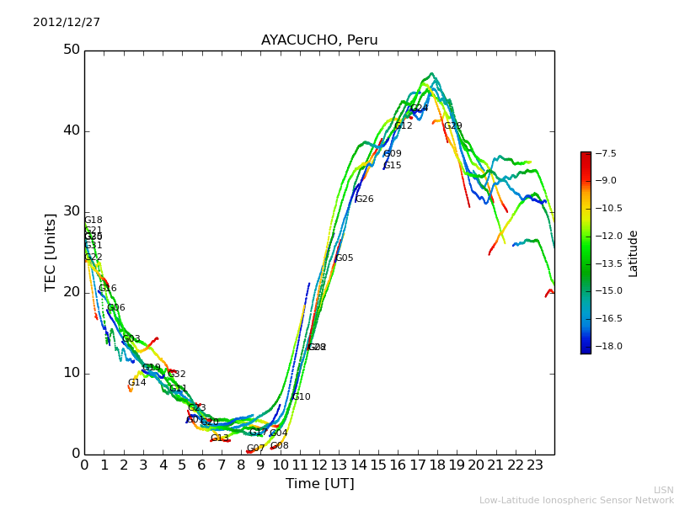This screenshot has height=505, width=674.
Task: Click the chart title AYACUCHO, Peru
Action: [x=319, y=40]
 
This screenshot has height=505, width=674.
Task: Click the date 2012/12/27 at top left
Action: [x=67, y=23]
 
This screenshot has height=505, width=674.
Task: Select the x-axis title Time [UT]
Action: [x=319, y=484]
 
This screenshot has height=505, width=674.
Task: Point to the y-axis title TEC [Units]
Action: [x=51, y=252]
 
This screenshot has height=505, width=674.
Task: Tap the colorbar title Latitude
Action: [x=634, y=253]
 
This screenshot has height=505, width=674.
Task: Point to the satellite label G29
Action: [x=452, y=126]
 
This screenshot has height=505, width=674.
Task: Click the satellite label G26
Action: [x=364, y=199]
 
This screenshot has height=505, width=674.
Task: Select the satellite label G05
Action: [x=344, y=258]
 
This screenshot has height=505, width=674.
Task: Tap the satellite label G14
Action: [x=136, y=383]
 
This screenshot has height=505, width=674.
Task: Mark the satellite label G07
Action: [x=255, y=449]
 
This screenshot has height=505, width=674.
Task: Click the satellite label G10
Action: [x=301, y=397]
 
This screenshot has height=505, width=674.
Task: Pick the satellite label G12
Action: [x=403, y=126]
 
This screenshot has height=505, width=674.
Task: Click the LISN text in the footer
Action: [x=663, y=490]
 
